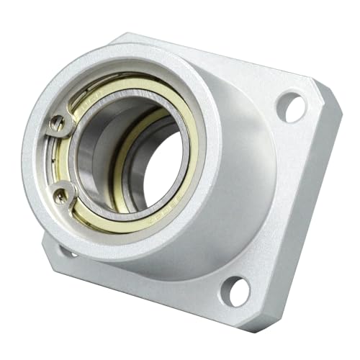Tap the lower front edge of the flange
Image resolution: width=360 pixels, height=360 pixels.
click(144, 288)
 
